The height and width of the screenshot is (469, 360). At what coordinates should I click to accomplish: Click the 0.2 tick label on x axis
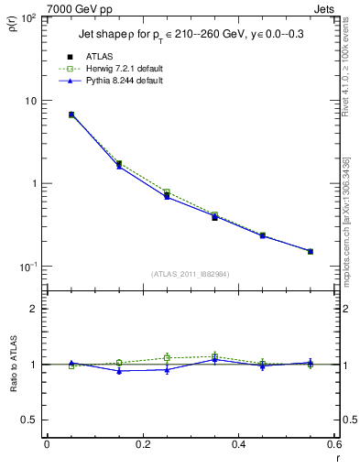point(142,444)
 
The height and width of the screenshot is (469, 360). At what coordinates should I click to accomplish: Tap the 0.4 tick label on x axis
point(237,444)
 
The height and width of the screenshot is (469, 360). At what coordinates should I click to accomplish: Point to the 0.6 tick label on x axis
point(333,444)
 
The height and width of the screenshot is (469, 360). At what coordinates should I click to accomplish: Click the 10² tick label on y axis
point(27,18)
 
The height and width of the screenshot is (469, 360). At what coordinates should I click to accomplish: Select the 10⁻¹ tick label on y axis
point(27,267)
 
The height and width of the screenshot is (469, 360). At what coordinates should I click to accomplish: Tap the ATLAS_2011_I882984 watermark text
point(190,274)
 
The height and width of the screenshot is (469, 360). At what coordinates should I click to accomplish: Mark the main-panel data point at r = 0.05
point(71,115)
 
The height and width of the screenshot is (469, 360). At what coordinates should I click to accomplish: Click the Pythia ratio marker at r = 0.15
point(119,371)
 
